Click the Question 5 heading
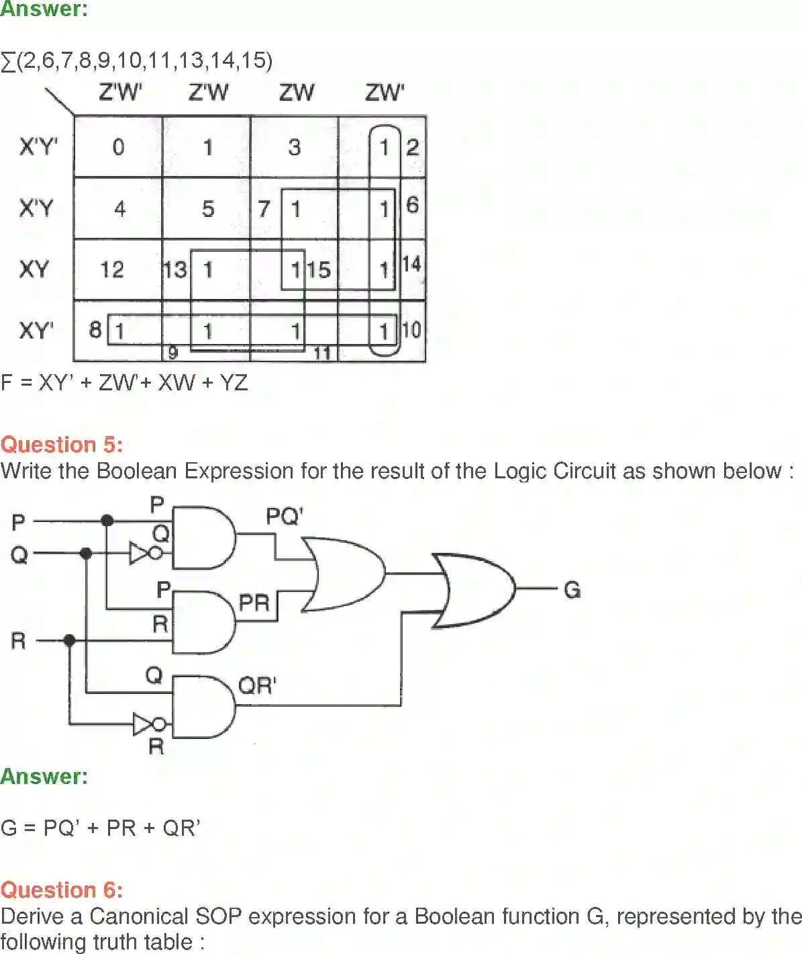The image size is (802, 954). [62, 445]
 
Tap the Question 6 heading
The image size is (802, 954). [62, 890]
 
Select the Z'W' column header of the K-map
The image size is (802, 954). [120, 92]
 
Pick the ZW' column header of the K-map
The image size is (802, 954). [385, 92]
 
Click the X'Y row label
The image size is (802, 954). [36, 208]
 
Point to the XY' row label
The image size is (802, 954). [36, 331]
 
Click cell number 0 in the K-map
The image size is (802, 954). [118, 147]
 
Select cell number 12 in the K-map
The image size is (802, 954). [112, 270]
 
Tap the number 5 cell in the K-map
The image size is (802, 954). [208, 209]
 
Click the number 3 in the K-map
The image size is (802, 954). [294, 147]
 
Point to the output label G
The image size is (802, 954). [572, 590]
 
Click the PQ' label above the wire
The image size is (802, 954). [285, 517]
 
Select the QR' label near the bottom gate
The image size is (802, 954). [257, 686]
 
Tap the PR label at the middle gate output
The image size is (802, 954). [254, 603]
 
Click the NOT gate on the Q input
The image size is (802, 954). [145, 554]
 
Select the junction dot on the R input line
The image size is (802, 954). [69, 641]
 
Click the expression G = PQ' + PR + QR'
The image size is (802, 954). [101, 828]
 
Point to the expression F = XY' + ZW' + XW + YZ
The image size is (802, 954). [125, 383]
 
